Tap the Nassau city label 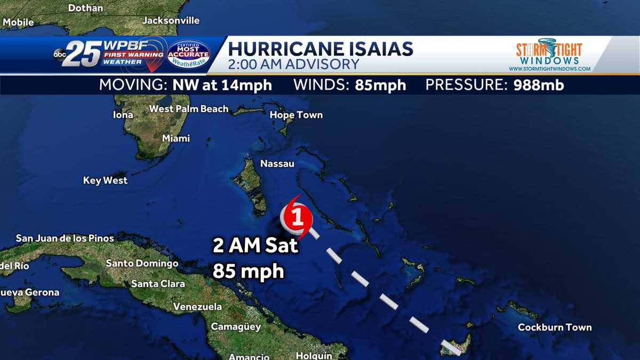click(277, 164)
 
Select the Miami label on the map click(176, 139)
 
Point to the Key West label click(105, 181)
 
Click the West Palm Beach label click(189, 109)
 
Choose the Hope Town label click(296, 115)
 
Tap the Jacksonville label click(171, 21)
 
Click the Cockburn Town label click(555, 327)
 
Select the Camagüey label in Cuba click(236, 326)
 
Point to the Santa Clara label click(158, 284)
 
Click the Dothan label click(86, 8)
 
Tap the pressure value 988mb click(538, 85)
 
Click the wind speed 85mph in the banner click(380, 85)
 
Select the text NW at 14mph click(222, 85)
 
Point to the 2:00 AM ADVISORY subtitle click(293, 65)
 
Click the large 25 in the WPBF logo click(82, 54)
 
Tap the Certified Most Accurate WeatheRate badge click(188, 55)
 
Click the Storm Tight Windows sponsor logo click(549, 54)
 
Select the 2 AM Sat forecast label click(255, 246)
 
